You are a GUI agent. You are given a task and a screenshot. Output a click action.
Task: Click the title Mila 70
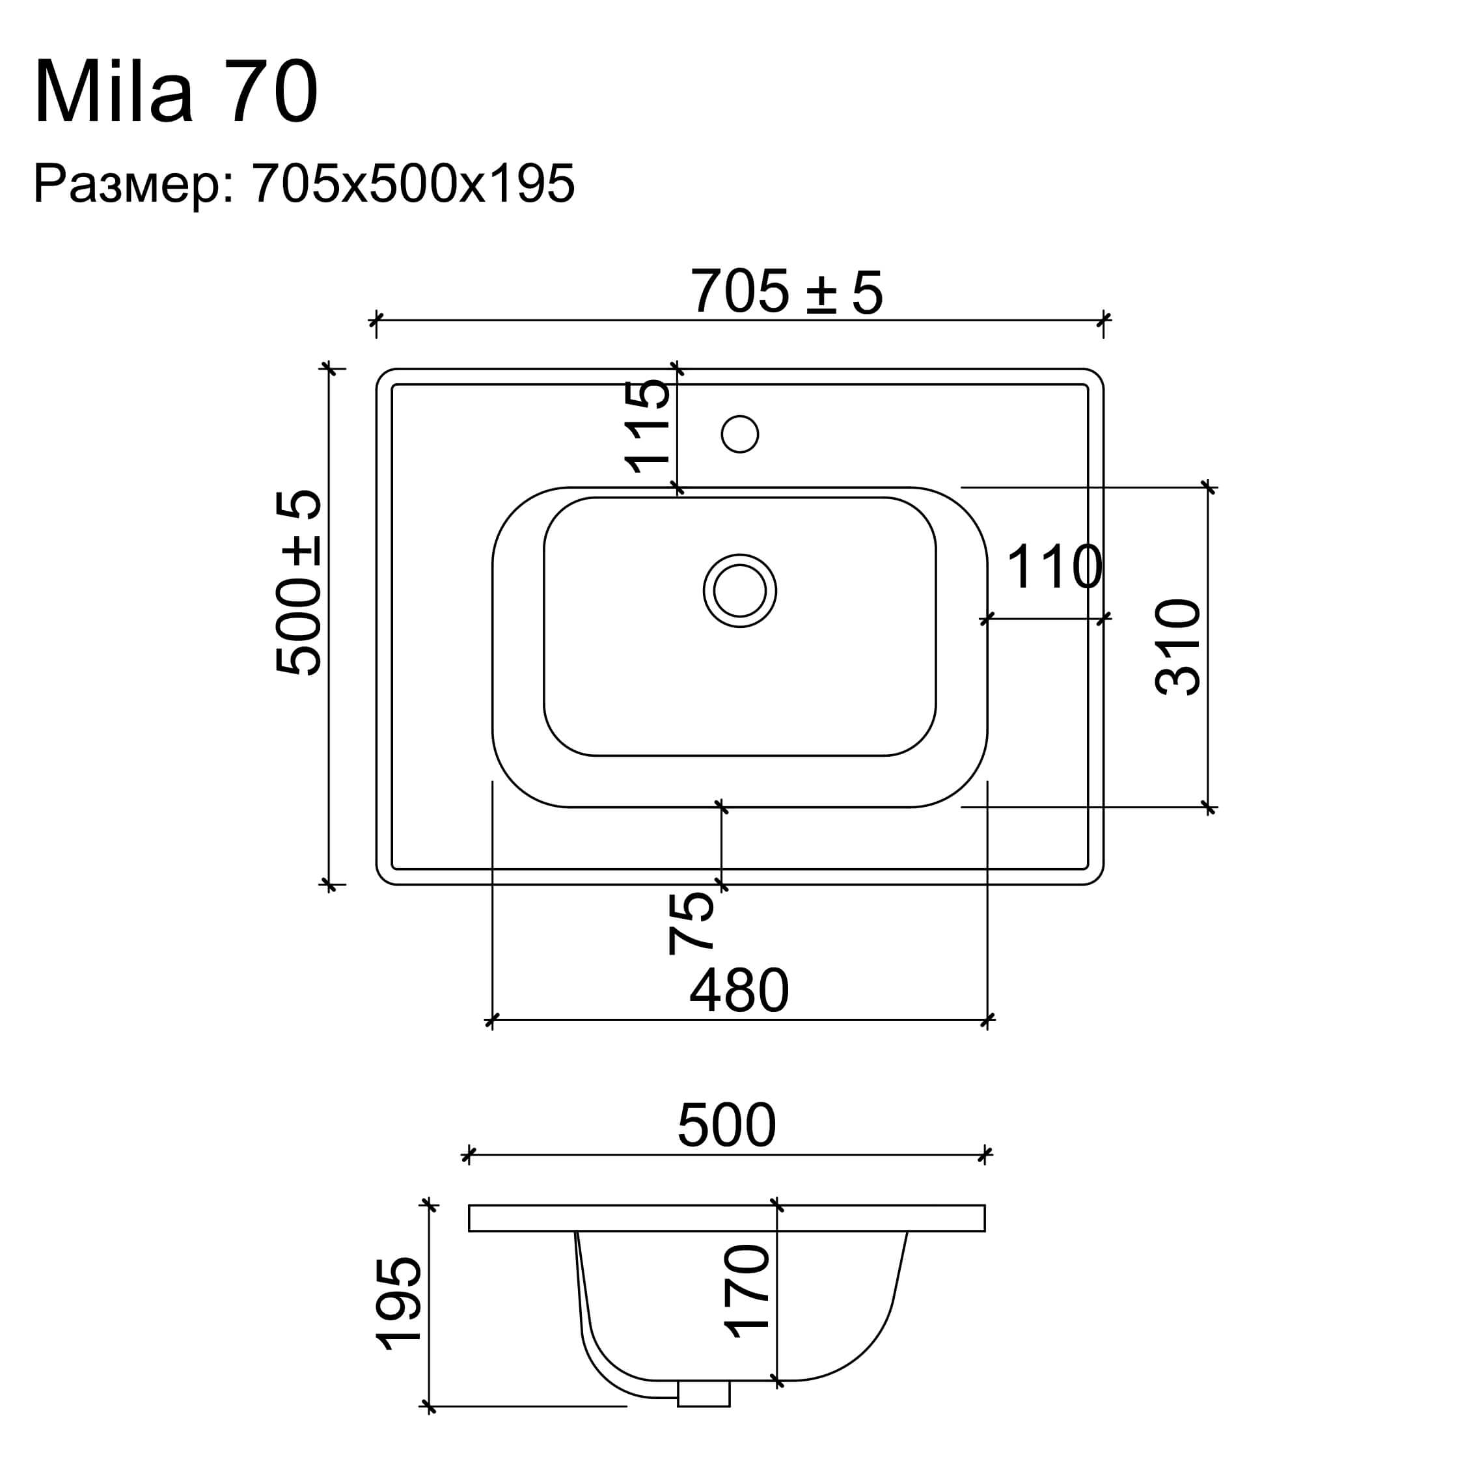[176, 92]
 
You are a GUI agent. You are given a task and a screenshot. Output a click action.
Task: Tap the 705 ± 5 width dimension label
[786, 292]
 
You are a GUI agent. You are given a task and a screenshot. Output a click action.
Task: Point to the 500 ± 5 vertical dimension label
[299, 583]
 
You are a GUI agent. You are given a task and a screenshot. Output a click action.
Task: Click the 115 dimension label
[648, 426]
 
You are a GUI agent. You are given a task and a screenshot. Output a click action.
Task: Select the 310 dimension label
[1177, 647]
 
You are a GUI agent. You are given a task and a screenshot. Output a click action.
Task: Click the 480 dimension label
[739, 991]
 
